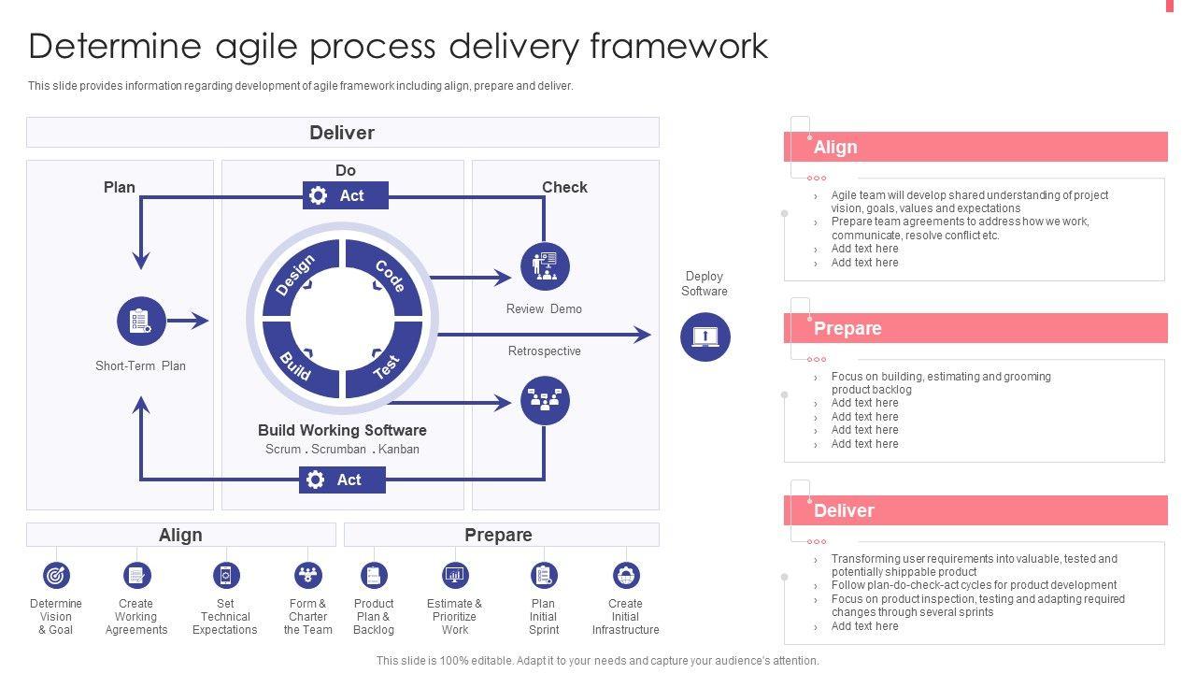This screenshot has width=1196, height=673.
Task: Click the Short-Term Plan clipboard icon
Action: pos(141,322)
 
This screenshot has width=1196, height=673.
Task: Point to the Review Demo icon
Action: pos(545,266)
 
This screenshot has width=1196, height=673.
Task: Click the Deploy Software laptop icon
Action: pos(705,336)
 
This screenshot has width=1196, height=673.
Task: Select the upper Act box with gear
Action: pos(346,195)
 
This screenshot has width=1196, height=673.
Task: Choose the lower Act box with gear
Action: pos(342,480)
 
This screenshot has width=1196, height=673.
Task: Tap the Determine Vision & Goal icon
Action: pos(56,575)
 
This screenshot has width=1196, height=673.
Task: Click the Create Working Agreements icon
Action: pos(136,575)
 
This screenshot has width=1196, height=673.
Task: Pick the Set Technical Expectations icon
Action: pos(225,575)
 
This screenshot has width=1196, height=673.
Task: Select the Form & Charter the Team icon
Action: pos(307,575)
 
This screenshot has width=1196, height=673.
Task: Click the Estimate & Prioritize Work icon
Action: pos(455,575)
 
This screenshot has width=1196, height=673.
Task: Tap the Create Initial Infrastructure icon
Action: pos(625,575)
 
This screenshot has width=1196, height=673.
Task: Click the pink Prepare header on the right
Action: pos(975,328)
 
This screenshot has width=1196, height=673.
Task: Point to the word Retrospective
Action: pos(545,351)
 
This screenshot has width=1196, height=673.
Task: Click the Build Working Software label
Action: pos(342,430)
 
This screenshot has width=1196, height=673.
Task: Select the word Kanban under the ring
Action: pos(399,450)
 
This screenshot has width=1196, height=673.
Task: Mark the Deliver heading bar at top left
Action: pos(342,133)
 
